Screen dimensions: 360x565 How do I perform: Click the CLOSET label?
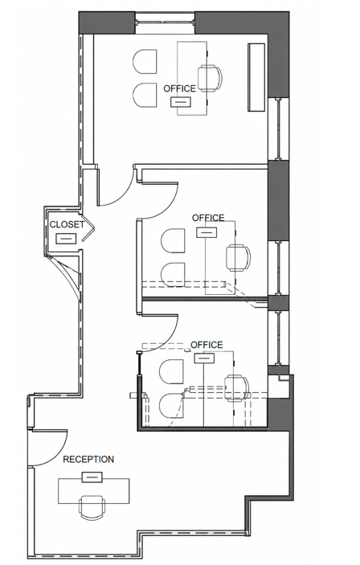point(67,224)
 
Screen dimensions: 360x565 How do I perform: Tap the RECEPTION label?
point(88,460)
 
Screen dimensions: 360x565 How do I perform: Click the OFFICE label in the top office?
point(179,88)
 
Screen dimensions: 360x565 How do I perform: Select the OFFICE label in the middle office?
point(208,218)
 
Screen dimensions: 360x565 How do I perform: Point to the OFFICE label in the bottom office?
point(207,345)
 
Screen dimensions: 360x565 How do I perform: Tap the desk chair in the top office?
point(210,78)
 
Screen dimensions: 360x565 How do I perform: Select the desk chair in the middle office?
point(238,257)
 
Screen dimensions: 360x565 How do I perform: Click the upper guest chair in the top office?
point(145,62)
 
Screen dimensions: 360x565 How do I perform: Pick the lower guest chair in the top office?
point(145,95)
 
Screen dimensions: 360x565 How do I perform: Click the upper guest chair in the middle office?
point(173,240)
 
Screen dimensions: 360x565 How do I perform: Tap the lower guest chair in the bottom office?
point(171,404)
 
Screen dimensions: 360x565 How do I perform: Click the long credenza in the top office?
point(256,77)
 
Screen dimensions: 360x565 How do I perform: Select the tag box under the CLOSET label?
point(66,239)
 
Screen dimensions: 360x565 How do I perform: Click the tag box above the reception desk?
point(92,477)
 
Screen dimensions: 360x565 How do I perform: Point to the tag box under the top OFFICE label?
point(181,102)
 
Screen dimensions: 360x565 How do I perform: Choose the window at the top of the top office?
point(165,23)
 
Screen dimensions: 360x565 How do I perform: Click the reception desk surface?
point(94,491)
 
